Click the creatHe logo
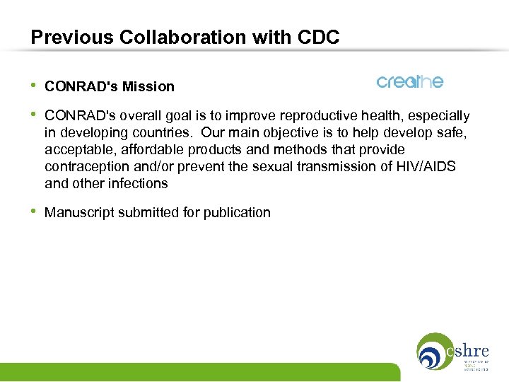410,82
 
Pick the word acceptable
75,149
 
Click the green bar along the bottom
198,372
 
